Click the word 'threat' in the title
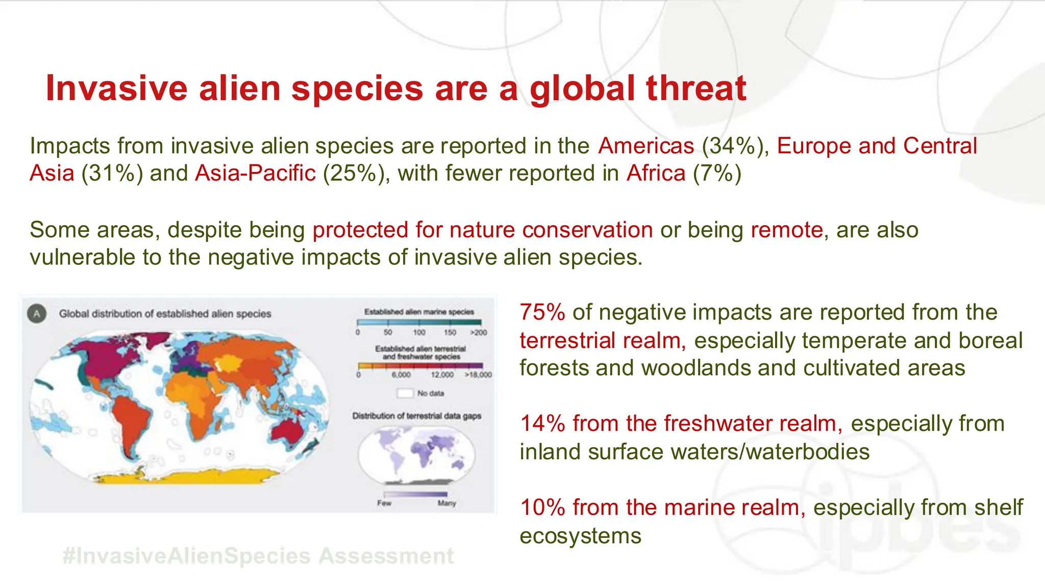696,88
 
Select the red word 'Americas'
646,146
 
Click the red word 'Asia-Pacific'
255,174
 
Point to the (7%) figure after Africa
717,174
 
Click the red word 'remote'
787,230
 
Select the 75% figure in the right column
542,312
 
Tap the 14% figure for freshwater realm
542,424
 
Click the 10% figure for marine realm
542,507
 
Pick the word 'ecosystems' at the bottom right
580,536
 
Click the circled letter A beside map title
37,313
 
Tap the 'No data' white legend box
405,393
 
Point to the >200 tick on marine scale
479,333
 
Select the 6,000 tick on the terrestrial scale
401,375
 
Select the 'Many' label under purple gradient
446,503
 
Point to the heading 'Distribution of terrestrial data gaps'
416,416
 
